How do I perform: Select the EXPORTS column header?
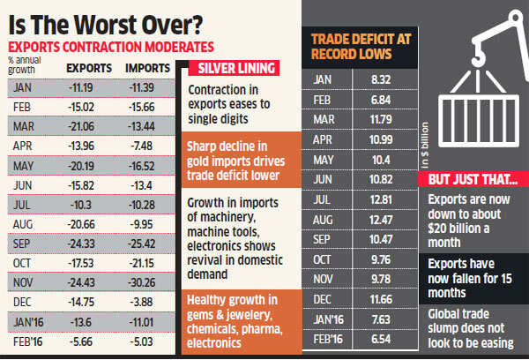coord(90,66)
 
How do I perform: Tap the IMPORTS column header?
coord(148,66)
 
